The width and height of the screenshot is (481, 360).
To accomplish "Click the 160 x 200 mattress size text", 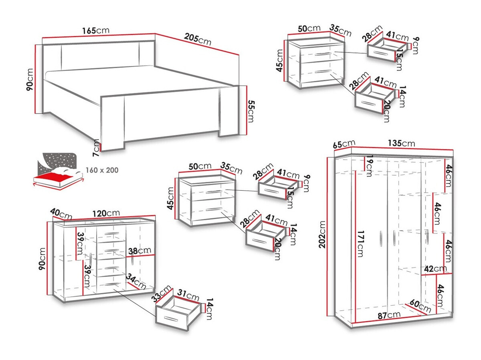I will pyautogui.click(x=102, y=170).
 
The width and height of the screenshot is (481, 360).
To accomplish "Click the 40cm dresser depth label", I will pyautogui.click(x=61, y=214).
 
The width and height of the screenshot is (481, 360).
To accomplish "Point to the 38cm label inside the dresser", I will pyautogui.click(x=137, y=251).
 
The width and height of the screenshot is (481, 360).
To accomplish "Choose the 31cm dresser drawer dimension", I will pyautogui.click(x=188, y=297).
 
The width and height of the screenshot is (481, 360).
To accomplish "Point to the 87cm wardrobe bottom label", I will pyautogui.click(x=388, y=315).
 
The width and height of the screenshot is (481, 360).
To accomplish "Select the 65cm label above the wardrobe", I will pyautogui.click(x=344, y=143).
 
